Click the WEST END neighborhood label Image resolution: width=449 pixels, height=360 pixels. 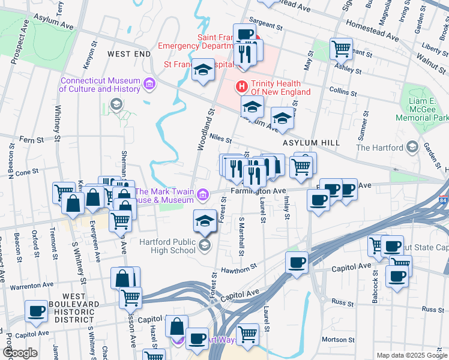click(x=128, y=54)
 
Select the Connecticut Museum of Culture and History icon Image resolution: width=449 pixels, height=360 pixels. click(x=149, y=85)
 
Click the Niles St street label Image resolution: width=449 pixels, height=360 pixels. click(x=220, y=139)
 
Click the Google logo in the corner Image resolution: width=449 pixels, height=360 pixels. click(x=20, y=353)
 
